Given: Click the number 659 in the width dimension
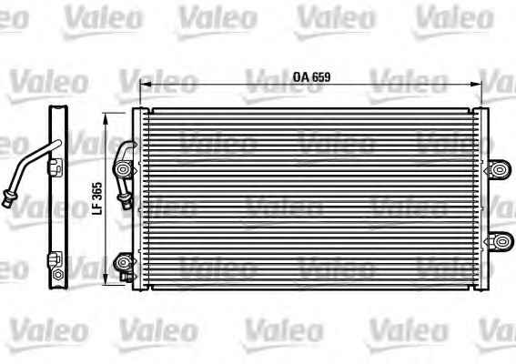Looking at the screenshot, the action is (x=321, y=77).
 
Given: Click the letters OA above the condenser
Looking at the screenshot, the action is (x=301, y=77).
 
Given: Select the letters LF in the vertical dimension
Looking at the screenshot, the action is (x=97, y=209).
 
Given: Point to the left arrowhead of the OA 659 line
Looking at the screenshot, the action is (x=146, y=84).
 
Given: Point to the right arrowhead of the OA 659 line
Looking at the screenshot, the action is (x=476, y=84).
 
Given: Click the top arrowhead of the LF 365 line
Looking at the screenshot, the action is (x=106, y=118).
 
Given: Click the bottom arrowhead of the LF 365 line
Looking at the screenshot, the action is (x=106, y=279).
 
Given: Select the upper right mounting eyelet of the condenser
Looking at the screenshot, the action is (x=500, y=170).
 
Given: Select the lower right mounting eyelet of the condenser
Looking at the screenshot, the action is (x=501, y=241).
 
